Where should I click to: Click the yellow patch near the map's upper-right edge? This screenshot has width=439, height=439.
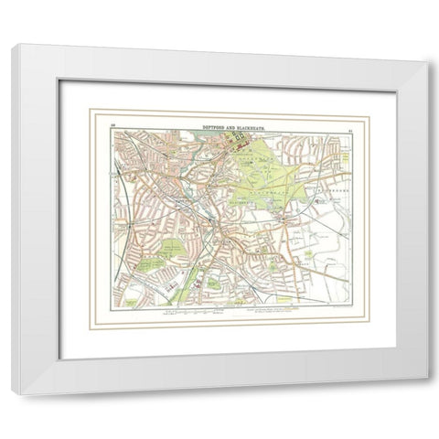348,155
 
